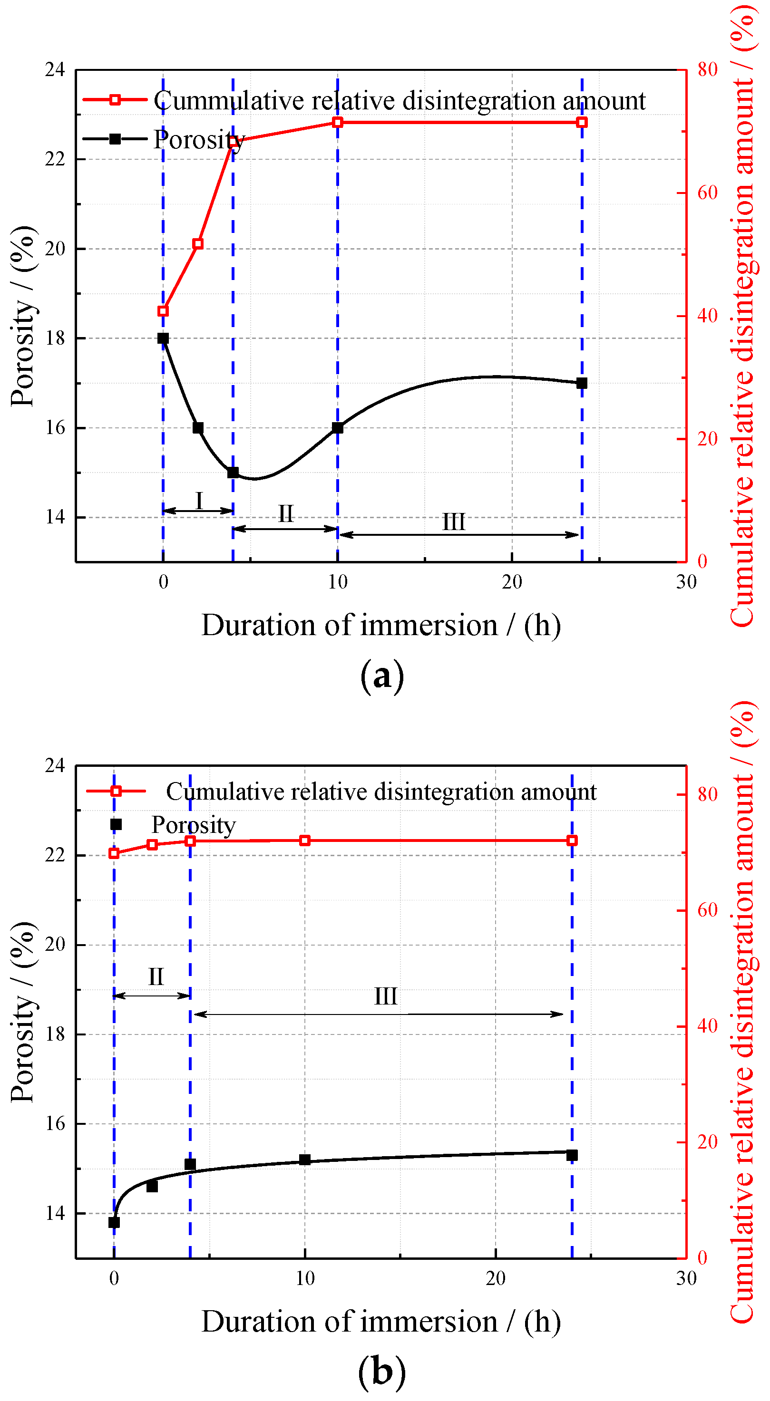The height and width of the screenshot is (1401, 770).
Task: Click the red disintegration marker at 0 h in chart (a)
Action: point(163,311)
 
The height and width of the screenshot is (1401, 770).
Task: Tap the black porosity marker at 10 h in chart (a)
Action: point(337,428)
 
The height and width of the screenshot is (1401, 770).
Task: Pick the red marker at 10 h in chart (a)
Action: point(337,122)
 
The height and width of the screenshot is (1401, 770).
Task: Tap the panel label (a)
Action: point(382,676)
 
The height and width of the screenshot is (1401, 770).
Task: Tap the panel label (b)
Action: point(382,1371)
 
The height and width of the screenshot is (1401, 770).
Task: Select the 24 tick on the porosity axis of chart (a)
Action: point(54,69)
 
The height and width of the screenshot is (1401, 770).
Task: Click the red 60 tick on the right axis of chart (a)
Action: point(707,193)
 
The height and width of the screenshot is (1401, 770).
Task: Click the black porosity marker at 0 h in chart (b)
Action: point(114,1223)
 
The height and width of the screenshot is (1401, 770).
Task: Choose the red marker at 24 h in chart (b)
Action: point(572,841)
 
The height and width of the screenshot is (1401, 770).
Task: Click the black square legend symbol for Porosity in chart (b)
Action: point(116,824)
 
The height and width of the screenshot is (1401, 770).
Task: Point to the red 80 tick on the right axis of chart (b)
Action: point(707,794)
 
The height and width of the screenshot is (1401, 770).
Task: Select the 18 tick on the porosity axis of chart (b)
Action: point(54,1034)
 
